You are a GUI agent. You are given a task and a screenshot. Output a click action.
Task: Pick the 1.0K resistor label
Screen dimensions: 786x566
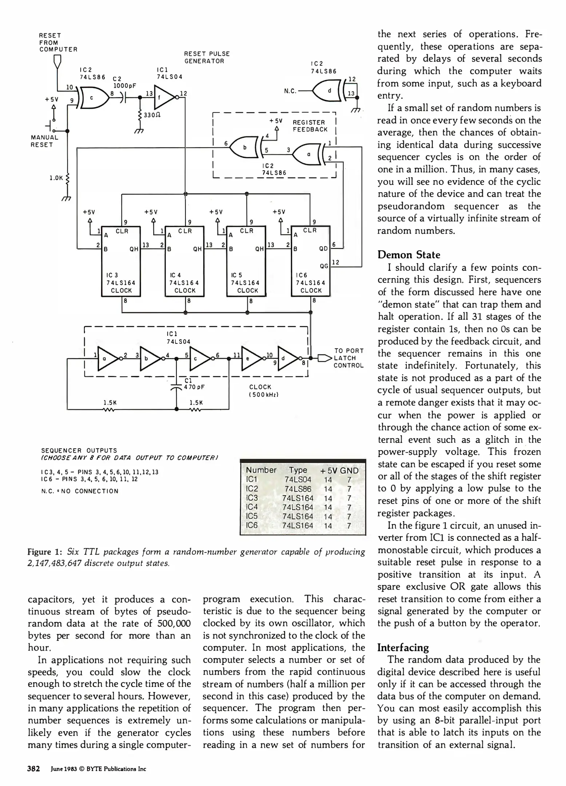coord(56,178)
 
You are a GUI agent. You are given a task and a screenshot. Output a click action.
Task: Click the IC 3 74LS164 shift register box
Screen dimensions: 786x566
coord(121,261)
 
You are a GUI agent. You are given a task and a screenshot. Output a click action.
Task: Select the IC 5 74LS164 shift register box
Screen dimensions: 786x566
coord(246,261)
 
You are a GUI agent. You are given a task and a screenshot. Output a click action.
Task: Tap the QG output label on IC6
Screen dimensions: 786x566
coord(324,266)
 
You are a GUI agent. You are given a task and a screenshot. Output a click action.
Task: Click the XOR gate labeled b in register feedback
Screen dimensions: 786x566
coord(246,147)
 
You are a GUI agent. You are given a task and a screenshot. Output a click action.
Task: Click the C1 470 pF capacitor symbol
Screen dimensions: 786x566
coord(176,386)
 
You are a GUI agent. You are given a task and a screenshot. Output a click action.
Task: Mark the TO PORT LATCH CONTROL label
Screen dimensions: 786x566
coord(348,358)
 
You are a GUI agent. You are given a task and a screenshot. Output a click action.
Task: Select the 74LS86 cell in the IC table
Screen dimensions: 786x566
coord(298,489)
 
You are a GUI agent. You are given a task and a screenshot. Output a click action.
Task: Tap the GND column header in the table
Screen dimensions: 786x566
coord(349,471)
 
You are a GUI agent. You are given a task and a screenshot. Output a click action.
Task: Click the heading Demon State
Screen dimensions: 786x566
coord(408,254)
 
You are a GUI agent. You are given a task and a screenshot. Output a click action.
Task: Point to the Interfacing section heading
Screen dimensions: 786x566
coord(403,647)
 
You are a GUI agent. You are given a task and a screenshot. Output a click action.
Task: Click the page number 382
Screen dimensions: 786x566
coord(33,769)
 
